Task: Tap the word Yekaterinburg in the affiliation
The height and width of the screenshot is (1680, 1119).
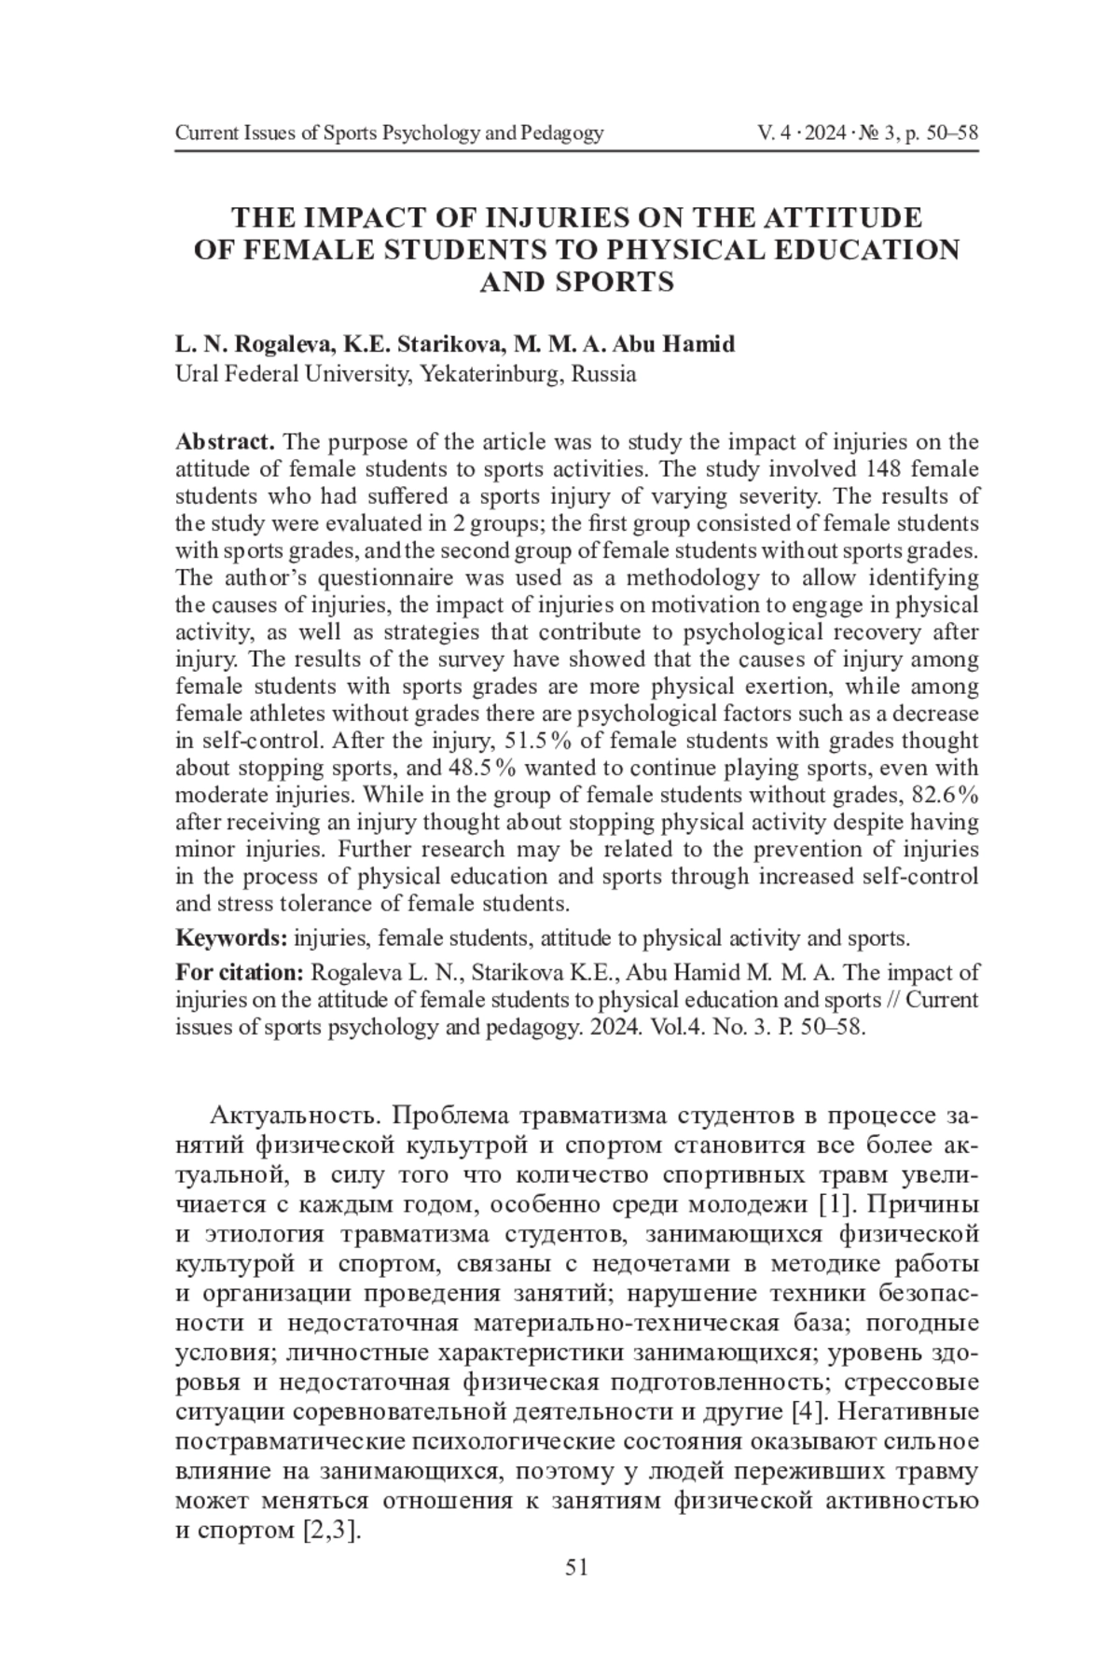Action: (490, 375)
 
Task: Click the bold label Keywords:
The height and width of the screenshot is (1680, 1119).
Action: (231, 937)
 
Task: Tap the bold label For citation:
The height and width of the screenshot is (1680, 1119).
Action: (240, 972)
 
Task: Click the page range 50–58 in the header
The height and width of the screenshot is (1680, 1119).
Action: (953, 133)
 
